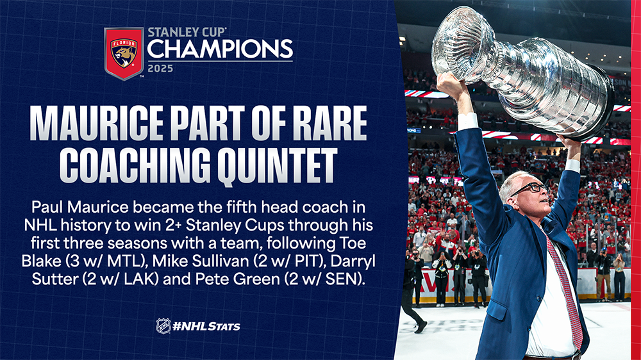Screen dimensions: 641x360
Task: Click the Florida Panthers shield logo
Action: [124, 54]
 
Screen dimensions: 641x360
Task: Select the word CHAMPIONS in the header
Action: [220, 49]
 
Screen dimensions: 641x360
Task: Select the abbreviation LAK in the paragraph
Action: [141, 279]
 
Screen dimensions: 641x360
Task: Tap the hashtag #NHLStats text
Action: [206, 327]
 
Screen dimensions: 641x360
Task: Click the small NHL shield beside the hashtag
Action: [163, 326]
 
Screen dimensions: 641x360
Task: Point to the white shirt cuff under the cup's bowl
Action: [467, 121]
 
